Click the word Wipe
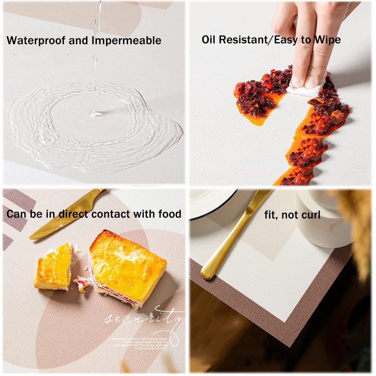pos(328,40)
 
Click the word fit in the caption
pos(270,215)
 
